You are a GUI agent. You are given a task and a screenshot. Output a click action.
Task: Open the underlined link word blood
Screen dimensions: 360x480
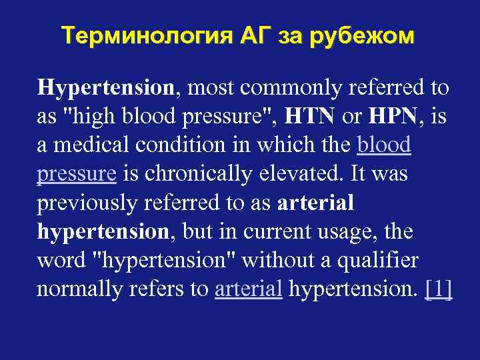(384, 145)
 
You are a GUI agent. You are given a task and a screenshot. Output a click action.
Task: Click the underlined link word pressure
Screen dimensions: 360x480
(77, 175)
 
